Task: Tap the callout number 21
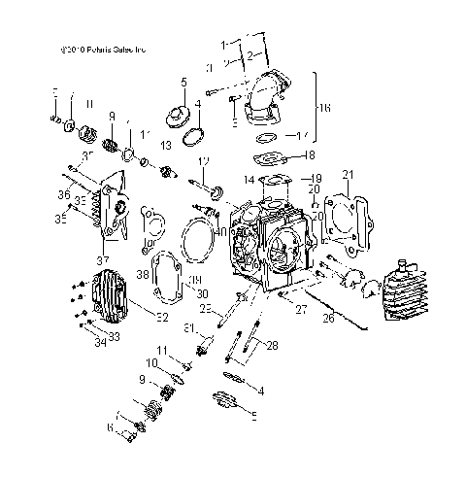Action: point(347,175)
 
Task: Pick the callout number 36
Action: point(64,196)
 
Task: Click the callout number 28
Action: point(272,344)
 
